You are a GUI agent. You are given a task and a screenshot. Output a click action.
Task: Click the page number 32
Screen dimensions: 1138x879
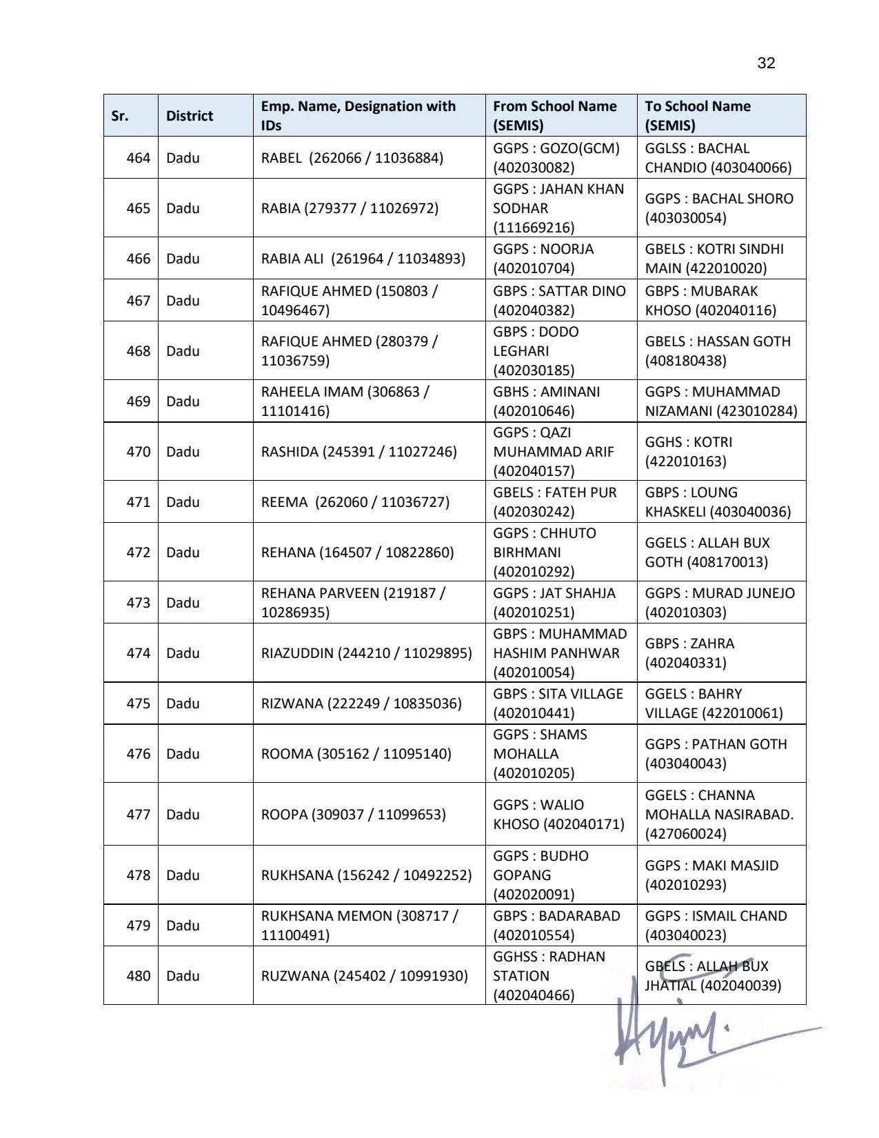click(766, 63)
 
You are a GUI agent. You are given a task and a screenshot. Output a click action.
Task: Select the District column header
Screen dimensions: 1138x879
click(190, 116)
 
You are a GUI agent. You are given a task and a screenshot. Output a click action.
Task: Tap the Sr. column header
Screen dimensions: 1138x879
click(120, 116)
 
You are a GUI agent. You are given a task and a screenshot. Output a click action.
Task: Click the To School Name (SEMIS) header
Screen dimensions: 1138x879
click(698, 116)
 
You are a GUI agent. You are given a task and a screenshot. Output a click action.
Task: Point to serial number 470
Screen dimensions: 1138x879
click(138, 452)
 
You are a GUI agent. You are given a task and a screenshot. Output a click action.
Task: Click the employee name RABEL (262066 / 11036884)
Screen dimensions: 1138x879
click(352, 158)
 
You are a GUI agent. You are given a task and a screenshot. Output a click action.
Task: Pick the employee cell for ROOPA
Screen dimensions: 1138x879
click(353, 815)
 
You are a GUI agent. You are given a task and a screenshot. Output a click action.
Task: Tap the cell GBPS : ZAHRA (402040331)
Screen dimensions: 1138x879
click(689, 653)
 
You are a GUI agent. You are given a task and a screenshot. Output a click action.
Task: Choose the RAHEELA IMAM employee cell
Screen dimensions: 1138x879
click(345, 401)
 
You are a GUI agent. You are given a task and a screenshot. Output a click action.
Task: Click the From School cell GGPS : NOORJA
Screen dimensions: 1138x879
click(543, 259)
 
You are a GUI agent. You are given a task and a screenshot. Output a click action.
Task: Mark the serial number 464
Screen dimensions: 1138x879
click(138, 158)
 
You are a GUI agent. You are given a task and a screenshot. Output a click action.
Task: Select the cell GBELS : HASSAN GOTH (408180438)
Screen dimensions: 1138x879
click(717, 351)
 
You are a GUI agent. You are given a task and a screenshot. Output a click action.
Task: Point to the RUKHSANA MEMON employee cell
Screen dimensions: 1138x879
click(358, 926)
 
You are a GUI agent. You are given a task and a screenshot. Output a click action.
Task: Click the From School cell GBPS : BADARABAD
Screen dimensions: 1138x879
click(556, 926)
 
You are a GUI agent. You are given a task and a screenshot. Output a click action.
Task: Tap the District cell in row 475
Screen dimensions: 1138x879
click(183, 703)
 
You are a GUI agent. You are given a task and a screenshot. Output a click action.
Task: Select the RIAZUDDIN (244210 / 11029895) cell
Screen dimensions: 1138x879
click(366, 653)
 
